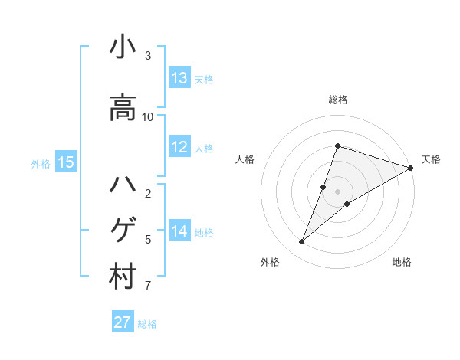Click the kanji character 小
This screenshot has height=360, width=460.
click(x=123, y=47)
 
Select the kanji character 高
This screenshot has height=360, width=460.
click(x=123, y=107)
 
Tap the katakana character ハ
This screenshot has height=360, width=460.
click(x=123, y=185)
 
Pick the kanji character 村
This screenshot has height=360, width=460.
click(x=123, y=277)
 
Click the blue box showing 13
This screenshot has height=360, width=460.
click(x=179, y=78)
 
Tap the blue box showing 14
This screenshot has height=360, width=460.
click(x=179, y=231)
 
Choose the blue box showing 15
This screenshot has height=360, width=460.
click(x=66, y=162)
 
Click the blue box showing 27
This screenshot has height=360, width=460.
click(x=123, y=322)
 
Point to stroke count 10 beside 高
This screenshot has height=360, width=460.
click(x=148, y=117)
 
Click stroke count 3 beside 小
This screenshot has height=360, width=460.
click(x=148, y=56)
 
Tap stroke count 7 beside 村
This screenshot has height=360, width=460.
click(x=148, y=286)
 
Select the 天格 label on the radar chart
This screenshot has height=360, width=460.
click(x=431, y=159)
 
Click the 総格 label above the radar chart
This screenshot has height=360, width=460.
click(x=337, y=100)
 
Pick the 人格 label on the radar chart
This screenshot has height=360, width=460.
click(x=245, y=159)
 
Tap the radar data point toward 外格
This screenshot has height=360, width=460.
click(x=302, y=242)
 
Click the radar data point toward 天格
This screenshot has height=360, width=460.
click(x=411, y=168)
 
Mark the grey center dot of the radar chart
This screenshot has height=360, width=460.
click(x=337, y=191)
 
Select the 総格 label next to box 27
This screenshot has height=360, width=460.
click(x=147, y=324)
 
